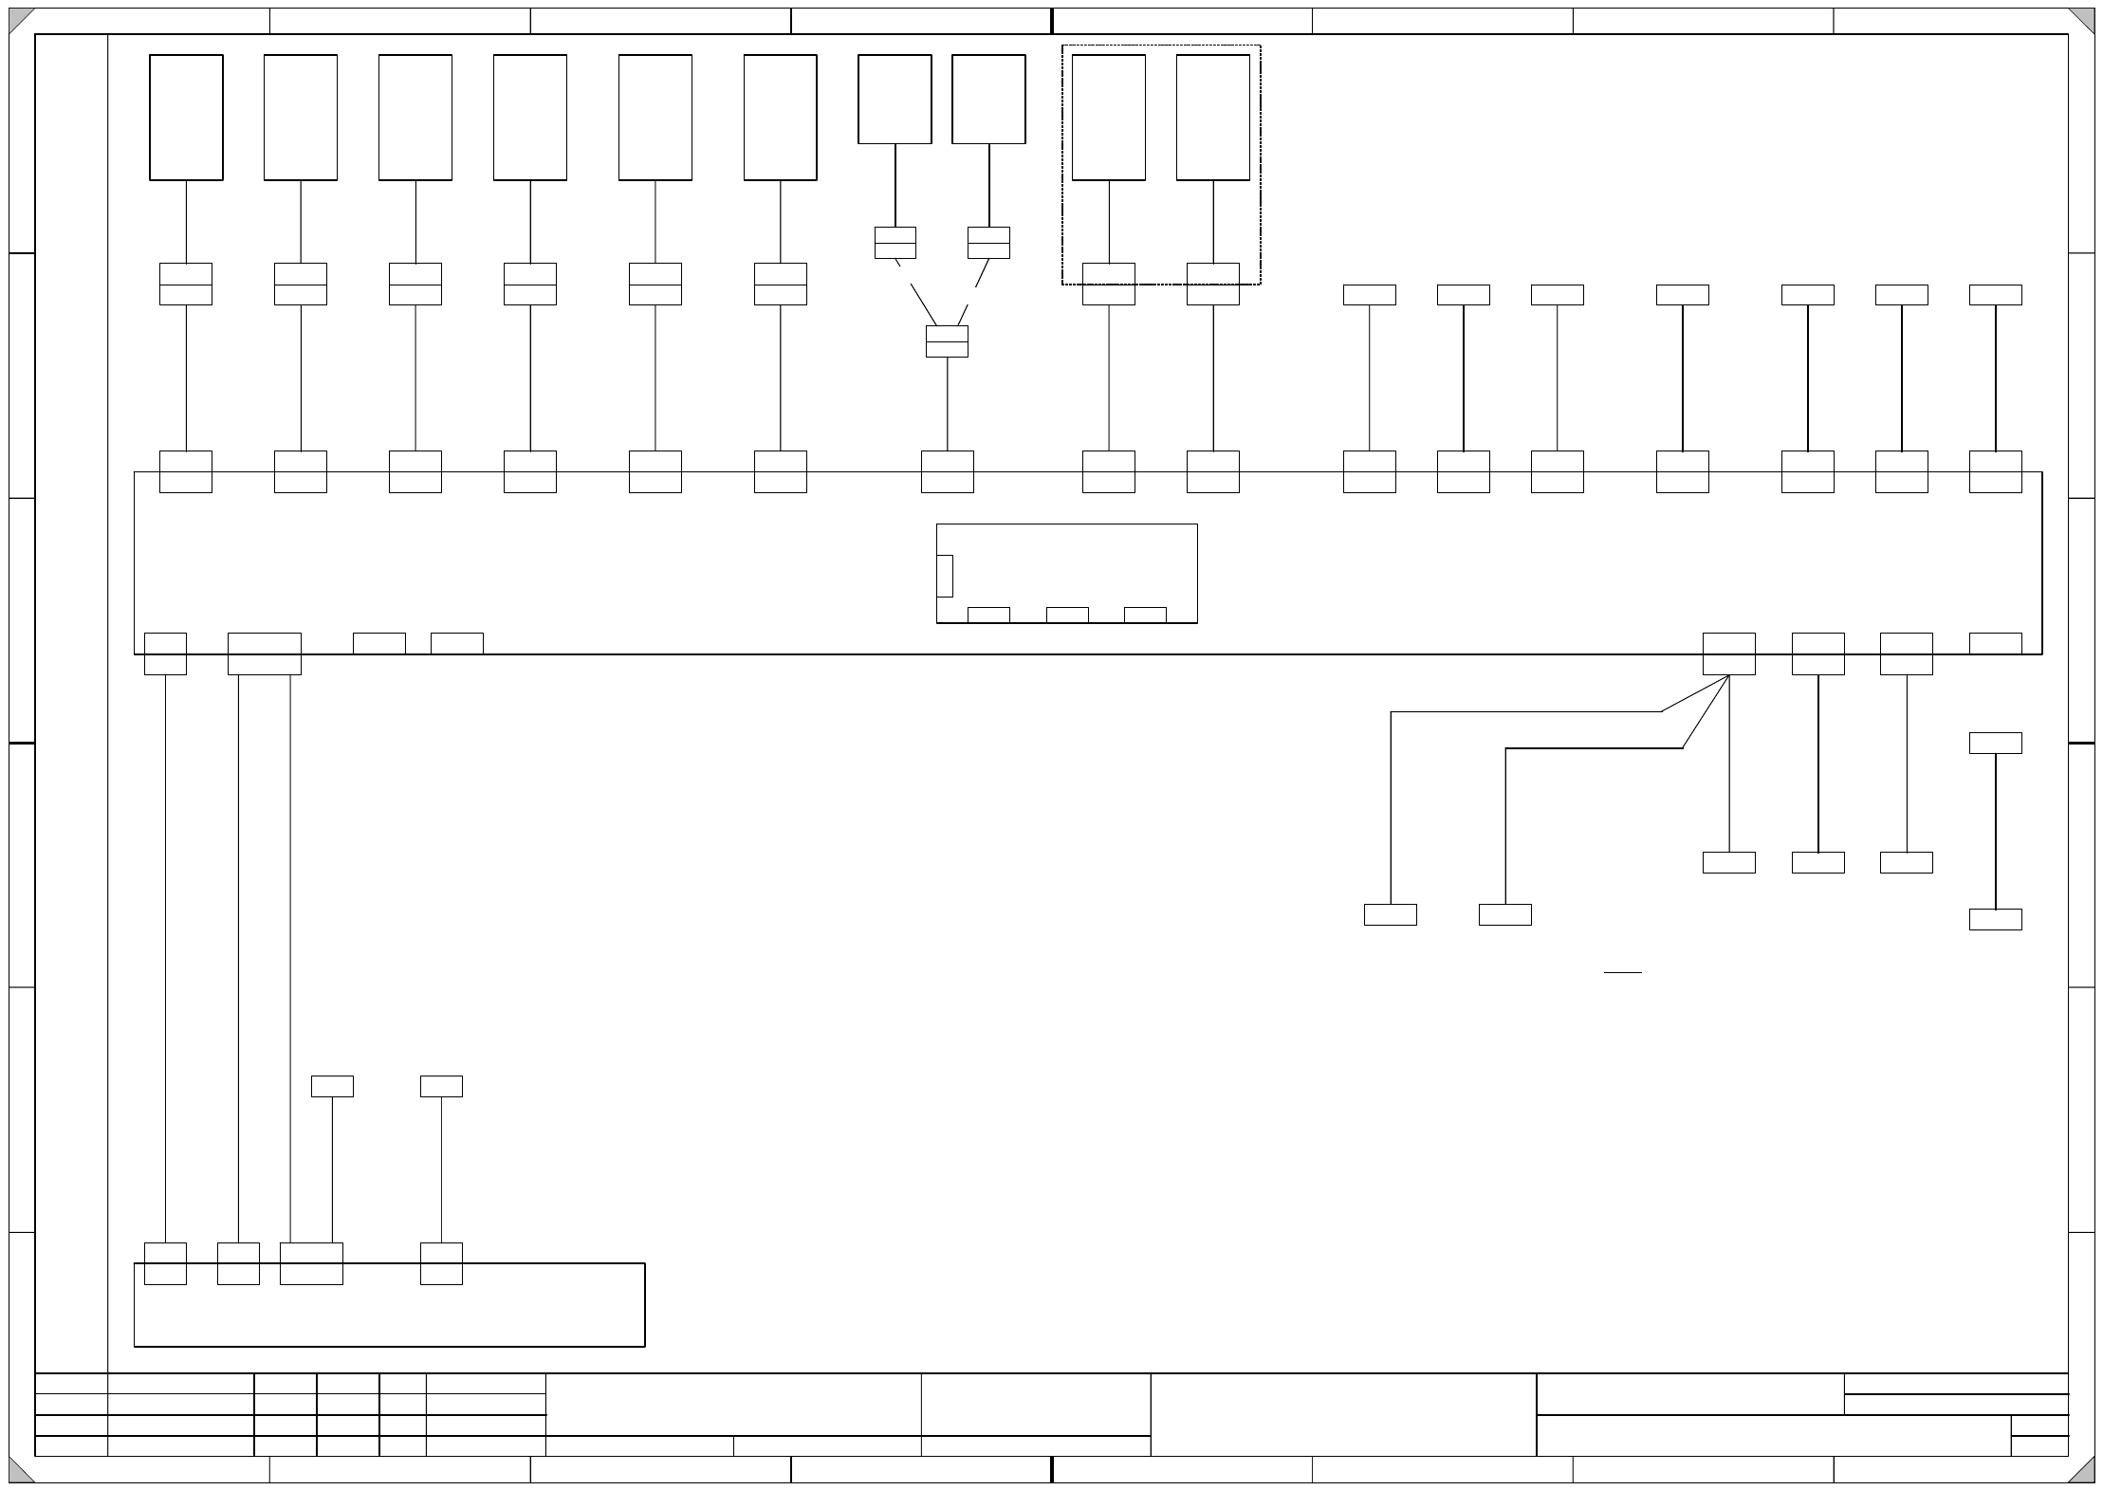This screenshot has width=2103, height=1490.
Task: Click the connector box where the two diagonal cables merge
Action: pyautogui.click(x=947, y=341)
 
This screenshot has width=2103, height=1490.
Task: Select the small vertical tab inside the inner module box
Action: pyautogui.click(x=944, y=576)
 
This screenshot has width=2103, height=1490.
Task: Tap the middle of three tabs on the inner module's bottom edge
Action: pyautogui.click(x=1066, y=615)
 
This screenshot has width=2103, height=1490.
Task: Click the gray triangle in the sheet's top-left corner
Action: pyautogui.click(x=19, y=18)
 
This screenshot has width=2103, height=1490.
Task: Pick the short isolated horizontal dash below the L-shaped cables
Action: pyautogui.click(x=1622, y=972)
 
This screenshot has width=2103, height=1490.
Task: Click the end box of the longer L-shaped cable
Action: pyautogui.click(x=1390, y=914)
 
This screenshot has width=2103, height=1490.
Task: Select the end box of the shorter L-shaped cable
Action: pyautogui.click(x=1504, y=914)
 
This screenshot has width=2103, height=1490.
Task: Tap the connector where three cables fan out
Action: pyautogui.click(x=1728, y=653)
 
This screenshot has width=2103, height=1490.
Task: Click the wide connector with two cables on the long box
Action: pyautogui.click(x=264, y=653)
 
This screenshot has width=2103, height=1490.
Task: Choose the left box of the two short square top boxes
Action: pyautogui.click(x=895, y=99)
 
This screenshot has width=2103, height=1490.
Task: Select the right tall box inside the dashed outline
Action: pyautogui.click(x=1212, y=117)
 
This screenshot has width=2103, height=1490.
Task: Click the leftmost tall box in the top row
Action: pyautogui.click(x=186, y=117)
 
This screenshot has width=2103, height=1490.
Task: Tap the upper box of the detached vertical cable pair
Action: pyautogui.click(x=1995, y=743)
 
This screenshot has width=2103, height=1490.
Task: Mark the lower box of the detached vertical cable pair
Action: pyautogui.click(x=1995, y=919)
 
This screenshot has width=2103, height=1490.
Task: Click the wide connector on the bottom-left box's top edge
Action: pyautogui.click(x=311, y=1263)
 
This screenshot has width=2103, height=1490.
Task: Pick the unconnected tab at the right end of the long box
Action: pyautogui.click(x=1995, y=643)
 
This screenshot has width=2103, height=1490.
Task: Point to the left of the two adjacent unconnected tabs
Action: pyautogui.click(x=378, y=643)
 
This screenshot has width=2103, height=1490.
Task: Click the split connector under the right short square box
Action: pyautogui.click(x=988, y=243)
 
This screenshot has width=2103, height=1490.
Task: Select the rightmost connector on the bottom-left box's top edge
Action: pyautogui.click(x=441, y=1263)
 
